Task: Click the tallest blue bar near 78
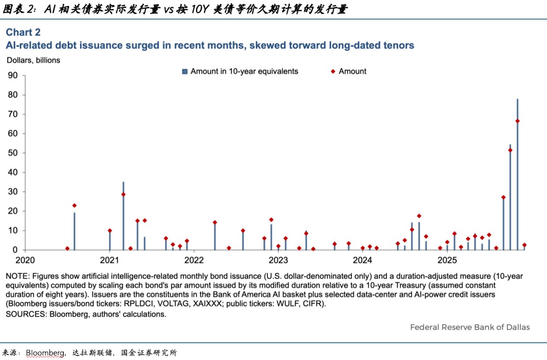point(517,174)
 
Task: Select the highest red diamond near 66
point(517,121)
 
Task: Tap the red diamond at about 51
point(510,150)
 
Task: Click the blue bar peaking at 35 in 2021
point(123,216)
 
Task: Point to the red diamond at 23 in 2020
point(74,206)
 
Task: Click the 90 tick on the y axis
point(13,75)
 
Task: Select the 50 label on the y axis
point(13,153)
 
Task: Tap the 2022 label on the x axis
point(194,260)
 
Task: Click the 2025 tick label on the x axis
point(447,260)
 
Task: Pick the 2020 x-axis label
point(25,260)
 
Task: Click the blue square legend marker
point(185,71)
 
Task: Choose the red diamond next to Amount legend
point(333,71)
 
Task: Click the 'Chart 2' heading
point(23,32)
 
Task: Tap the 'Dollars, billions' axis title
point(33,60)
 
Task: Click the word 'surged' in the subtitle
point(142,46)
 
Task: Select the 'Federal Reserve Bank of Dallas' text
point(470,327)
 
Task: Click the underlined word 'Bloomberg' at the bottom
point(45,353)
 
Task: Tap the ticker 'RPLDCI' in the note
point(138,304)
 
